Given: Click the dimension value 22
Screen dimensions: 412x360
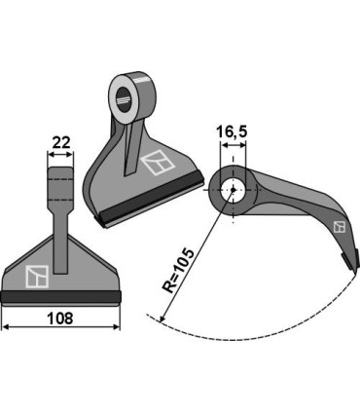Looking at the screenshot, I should click(x=59, y=143).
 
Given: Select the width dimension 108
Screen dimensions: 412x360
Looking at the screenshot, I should click(x=59, y=317).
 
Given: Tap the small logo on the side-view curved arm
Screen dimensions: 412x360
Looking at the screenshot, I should click(x=339, y=227).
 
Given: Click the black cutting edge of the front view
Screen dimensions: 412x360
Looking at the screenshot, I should click(x=59, y=297).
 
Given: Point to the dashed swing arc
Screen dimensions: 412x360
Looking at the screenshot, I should click(x=253, y=335).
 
